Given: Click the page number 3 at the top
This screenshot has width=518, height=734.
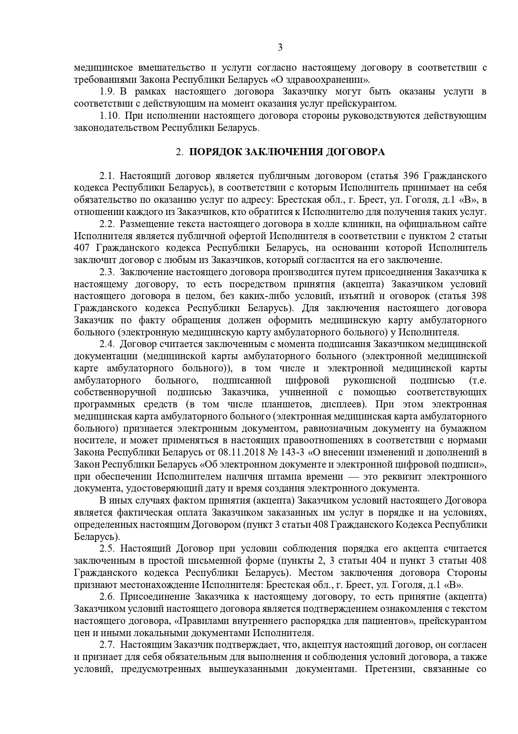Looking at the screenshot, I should (x=280, y=48).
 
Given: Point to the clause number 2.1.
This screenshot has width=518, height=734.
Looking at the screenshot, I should (x=107, y=176).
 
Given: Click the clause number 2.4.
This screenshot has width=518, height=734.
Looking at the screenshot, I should (x=107, y=344).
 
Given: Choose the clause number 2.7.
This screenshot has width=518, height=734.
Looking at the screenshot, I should (x=107, y=645).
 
